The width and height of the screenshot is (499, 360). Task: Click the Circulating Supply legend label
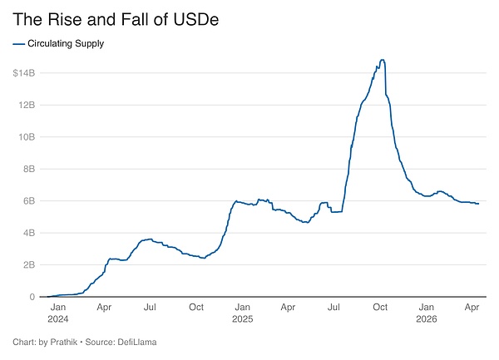coord(67,44)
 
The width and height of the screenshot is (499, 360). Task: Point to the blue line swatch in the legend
coord(19,44)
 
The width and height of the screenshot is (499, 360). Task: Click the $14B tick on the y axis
coord(23,73)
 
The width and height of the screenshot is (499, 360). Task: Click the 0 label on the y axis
coord(32,297)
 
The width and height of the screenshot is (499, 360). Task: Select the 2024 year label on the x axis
coord(57,318)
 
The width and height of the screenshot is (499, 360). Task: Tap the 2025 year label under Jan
coord(242,318)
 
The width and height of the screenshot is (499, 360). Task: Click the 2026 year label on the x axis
coord(426,318)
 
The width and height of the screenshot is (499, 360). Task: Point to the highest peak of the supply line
coord(382,60)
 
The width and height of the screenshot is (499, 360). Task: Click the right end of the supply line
coord(478,204)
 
